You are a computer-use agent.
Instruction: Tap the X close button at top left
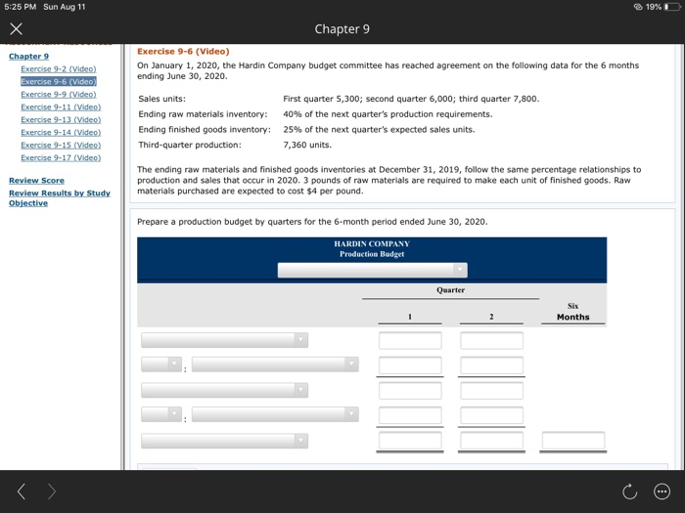15,29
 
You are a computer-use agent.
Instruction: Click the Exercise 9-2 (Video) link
58,69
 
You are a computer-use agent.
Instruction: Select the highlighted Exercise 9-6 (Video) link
58,82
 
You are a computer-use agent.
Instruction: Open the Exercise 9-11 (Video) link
58,107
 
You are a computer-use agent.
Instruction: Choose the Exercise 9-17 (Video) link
58,157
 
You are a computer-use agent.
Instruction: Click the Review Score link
36,181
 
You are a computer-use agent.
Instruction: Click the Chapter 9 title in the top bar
342,29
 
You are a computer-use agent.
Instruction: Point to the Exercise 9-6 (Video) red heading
183,52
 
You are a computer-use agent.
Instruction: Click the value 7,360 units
307,145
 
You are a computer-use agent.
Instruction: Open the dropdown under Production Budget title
372,269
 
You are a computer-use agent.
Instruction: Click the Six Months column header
572,312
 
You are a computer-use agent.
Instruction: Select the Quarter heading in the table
450,290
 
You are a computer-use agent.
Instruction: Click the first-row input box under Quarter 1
410,340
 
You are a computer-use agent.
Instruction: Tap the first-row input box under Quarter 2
492,340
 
